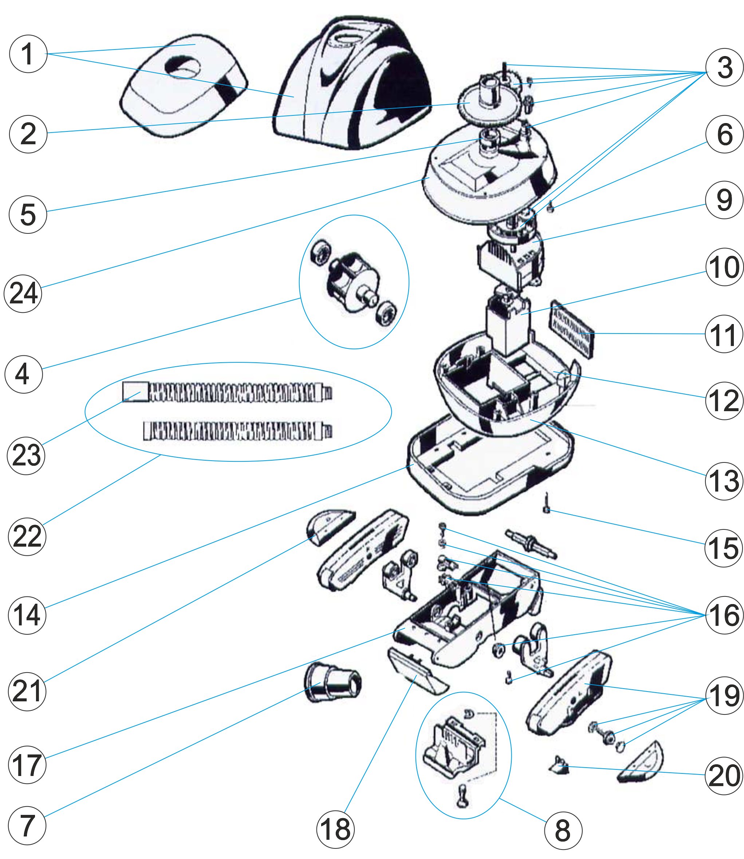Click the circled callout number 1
[28, 54]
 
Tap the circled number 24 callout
[23, 293]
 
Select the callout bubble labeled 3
[724, 67]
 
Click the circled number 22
[27, 536]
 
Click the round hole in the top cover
[183, 66]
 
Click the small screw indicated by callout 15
[546, 503]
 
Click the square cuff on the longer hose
[135, 391]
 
